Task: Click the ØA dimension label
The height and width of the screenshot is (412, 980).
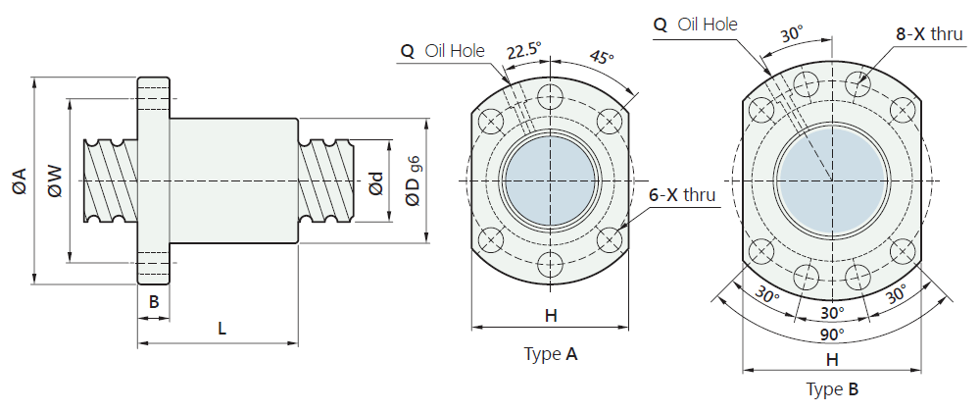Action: [18, 180]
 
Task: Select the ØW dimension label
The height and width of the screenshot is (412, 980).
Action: [55, 181]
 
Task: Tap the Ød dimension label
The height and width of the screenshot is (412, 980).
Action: [376, 182]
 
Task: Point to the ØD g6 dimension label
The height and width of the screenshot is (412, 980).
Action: [414, 180]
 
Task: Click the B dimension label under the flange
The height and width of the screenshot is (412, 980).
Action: [154, 301]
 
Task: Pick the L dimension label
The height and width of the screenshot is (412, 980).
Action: [221, 329]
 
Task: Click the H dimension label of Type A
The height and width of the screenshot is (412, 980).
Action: [550, 316]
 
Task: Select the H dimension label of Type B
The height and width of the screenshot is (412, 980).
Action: [832, 360]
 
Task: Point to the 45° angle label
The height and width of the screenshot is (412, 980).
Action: [602, 57]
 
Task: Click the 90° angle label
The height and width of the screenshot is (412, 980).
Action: [832, 335]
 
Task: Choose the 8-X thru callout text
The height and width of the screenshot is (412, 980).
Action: [930, 34]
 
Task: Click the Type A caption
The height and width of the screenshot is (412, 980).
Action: [551, 354]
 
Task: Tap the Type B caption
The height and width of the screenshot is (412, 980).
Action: [832, 389]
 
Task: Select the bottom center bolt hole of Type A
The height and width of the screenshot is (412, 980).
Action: [550, 266]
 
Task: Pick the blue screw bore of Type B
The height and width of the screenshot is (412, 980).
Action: [832, 181]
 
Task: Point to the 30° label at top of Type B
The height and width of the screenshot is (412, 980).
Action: [791, 35]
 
